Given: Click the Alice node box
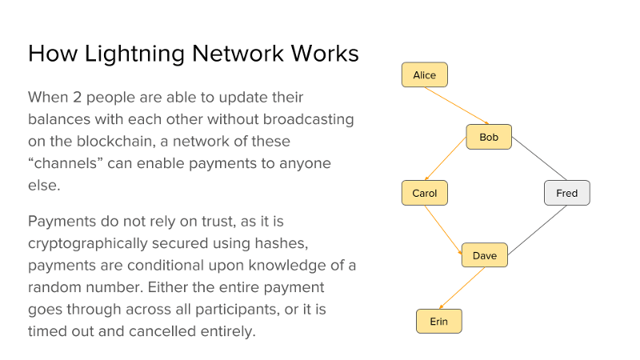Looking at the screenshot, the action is [425, 74].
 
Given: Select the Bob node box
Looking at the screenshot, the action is [489, 137].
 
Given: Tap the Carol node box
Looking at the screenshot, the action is [425, 193].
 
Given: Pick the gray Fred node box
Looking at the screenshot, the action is [567, 193].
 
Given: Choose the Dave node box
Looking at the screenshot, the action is [485, 255].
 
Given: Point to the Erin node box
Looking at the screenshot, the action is [439, 322].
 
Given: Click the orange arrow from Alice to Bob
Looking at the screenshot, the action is [457, 106].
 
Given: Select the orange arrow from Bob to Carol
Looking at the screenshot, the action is [446, 158].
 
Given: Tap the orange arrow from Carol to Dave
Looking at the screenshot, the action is [443, 230].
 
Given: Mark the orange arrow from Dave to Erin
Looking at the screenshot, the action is [462, 288].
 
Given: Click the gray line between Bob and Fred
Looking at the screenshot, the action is [539, 158].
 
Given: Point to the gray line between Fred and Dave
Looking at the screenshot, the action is [537, 230].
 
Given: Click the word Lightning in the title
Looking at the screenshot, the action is [134, 54].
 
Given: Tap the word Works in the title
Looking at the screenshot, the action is [325, 54].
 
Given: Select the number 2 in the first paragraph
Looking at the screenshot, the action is [77, 97].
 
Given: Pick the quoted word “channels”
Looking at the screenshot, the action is [66, 163].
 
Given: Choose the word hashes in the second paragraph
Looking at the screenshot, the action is [282, 243].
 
